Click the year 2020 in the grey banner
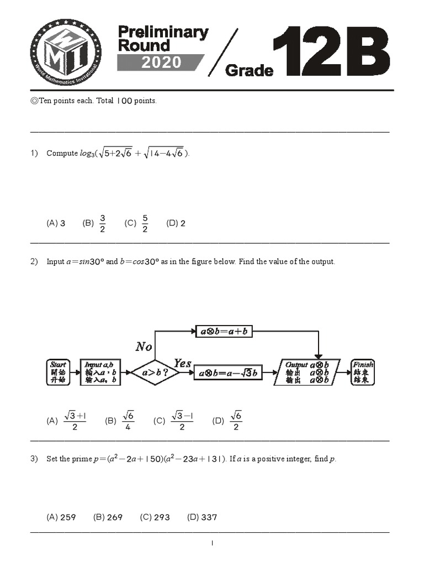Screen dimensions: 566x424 (161, 62)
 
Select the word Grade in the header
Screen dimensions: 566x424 (250, 70)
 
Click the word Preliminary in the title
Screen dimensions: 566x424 (163, 33)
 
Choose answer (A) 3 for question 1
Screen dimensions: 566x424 (56, 223)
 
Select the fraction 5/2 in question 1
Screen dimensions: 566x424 (145, 223)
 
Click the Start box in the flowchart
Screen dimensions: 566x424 (58, 372)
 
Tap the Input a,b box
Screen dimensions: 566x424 (99, 372)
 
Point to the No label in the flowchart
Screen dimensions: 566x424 (144, 347)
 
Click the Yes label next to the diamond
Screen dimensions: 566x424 (183, 363)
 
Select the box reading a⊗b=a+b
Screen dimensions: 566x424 (224, 331)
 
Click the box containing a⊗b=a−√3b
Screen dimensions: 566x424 (229, 373)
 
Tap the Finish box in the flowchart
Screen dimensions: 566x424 (363, 372)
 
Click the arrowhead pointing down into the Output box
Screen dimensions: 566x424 (319, 355)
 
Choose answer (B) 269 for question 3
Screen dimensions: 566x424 (108, 517)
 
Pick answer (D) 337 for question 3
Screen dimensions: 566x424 (202, 517)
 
